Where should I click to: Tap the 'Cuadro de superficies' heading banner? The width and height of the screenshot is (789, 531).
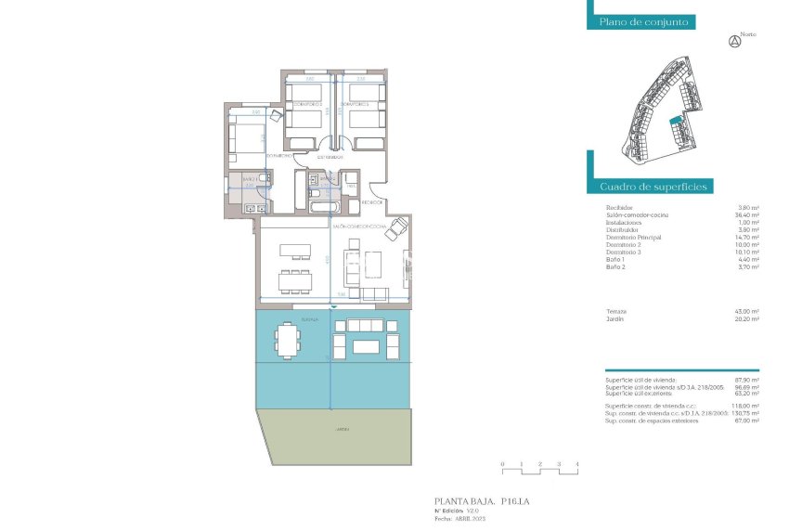tap(653, 187)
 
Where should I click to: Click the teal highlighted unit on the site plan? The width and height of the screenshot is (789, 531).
tap(676, 121)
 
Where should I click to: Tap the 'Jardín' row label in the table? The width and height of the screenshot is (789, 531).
tap(614, 318)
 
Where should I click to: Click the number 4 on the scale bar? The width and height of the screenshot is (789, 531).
tap(577, 463)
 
